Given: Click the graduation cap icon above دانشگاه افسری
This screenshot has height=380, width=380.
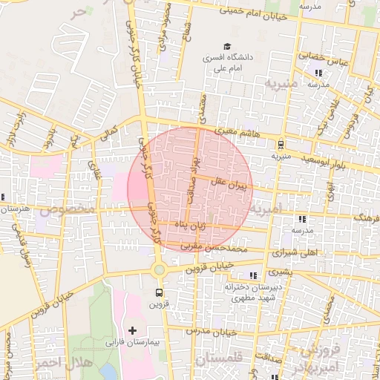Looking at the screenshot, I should tap(225, 45).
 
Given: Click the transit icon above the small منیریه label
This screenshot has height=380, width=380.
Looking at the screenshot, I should tap(281, 145).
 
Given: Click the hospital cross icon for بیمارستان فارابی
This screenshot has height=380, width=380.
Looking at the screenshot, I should tap(133, 330).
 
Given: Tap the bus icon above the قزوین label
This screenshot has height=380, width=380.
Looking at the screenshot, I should tap(158, 292).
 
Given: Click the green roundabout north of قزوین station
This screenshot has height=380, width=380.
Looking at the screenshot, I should tap(158, 269).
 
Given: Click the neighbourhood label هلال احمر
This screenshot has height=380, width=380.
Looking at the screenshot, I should tap(62, 363).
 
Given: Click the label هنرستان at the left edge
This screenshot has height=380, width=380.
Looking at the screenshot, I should tap(15, 210).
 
